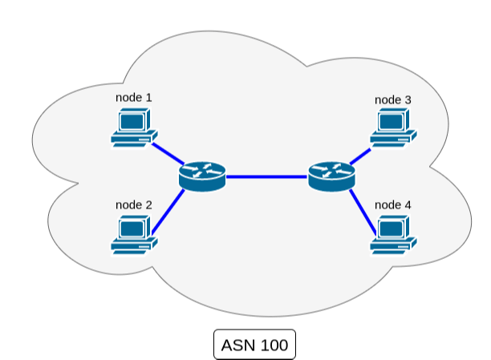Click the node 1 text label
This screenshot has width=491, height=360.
click(134, 98)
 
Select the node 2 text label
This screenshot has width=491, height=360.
click(134, 204)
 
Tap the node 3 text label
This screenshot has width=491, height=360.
click(393, 100)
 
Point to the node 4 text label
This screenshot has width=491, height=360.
click(393, 205)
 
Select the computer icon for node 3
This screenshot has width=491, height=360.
click(393, 128)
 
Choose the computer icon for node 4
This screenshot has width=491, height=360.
click(393, 234)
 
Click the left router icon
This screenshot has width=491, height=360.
click(202, 174)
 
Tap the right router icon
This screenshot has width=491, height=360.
click(331, 174)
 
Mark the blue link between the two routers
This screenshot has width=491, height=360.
click(266, 175)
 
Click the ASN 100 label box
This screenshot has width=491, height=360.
click(254, 345)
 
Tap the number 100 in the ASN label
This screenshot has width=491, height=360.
click(273, 346)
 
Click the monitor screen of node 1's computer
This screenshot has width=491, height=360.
click(132, 121)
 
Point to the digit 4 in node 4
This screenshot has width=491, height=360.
click(408, 205)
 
